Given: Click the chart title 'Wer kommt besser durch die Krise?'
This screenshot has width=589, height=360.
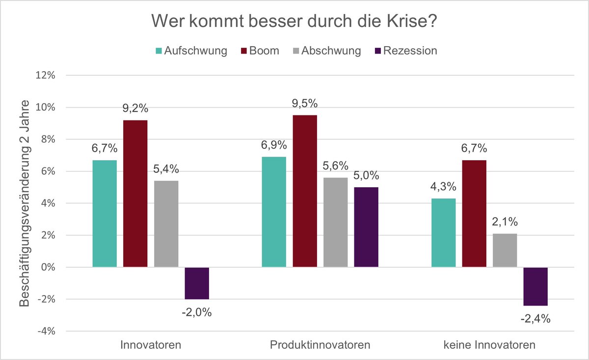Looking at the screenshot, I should click(x=294, y=21).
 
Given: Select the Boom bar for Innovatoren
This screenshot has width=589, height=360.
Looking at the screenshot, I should click(x=135, y=194).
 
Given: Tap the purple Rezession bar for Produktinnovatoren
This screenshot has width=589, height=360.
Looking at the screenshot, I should click(x=366, y=227).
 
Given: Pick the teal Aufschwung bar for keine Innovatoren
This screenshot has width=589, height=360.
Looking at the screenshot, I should click(x=443, y=233).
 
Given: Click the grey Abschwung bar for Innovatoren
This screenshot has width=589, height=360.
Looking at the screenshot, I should click(x=166, y=224).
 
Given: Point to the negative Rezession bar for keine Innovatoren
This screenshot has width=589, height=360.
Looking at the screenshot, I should click(x=535, y=286).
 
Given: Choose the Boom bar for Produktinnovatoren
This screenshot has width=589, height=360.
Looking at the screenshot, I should click(x=305, y=191).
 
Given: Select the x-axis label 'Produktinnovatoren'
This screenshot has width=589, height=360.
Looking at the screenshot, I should click(x=320, y=345).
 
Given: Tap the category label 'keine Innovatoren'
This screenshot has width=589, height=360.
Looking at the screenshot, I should click(x=489, y=345).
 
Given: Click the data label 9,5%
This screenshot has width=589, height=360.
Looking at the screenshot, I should click(x=305, y=104).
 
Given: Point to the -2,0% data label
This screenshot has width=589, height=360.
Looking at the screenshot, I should click(x=197, y=312).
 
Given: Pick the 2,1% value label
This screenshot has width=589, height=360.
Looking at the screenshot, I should click(x=505, y=222).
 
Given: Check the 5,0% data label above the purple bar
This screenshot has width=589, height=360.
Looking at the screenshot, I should click(x=366, y=175).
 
